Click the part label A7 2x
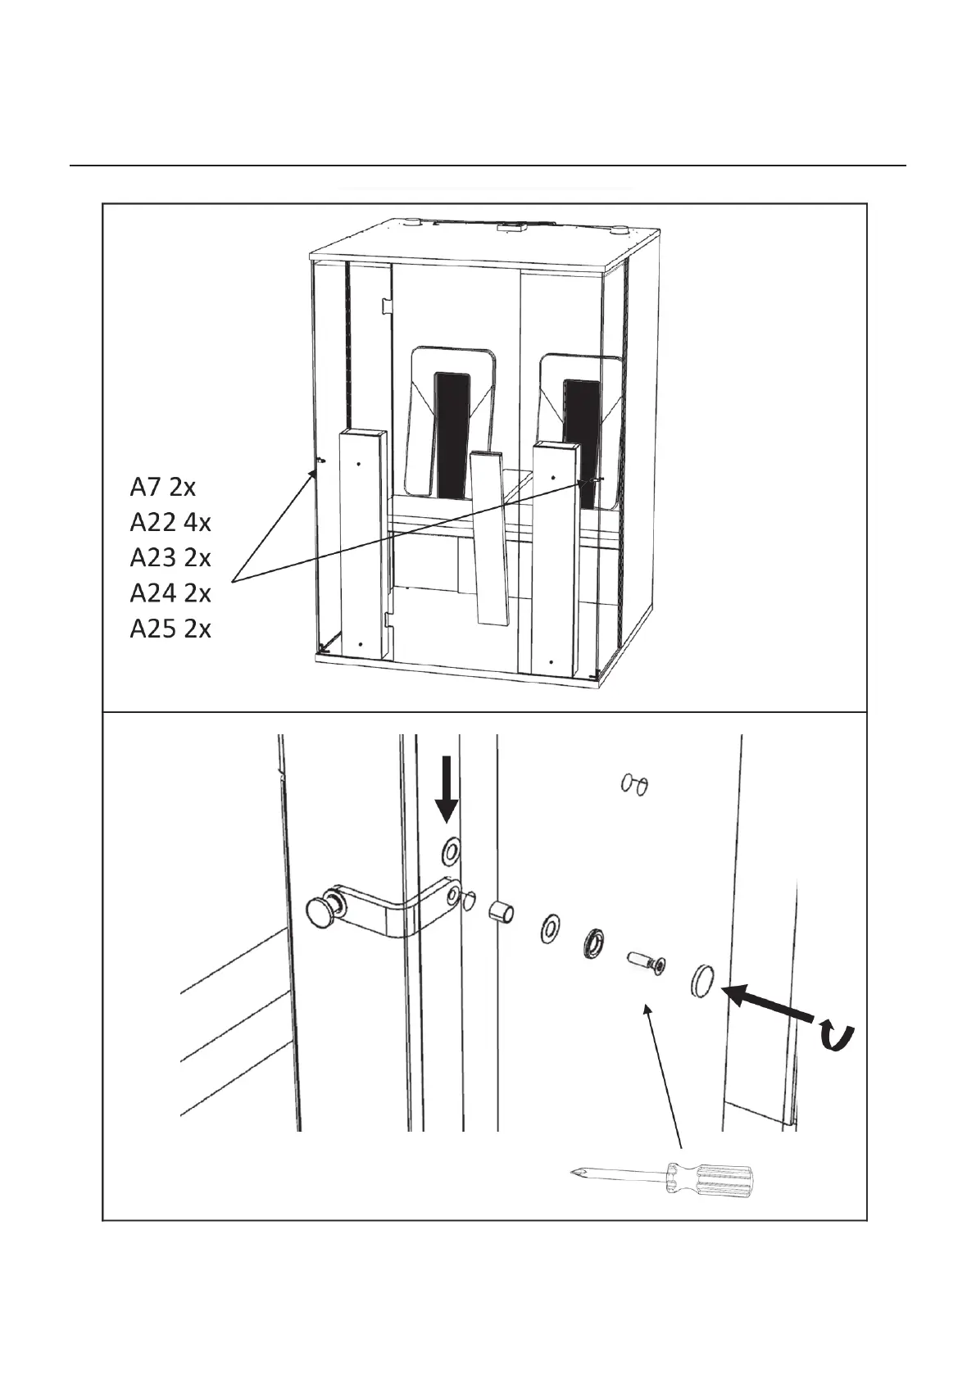(x=162, y=487)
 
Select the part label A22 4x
(x=170, y=522)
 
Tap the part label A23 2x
(x=170, y=557)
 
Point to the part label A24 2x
(x=170, y=592)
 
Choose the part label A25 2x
(x=170, y=629)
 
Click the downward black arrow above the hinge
(x=447, y=788)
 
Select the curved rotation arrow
(x=838, y=1037)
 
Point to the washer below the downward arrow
(x=451, y=852)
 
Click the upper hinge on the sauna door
(x=385, y=305)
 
